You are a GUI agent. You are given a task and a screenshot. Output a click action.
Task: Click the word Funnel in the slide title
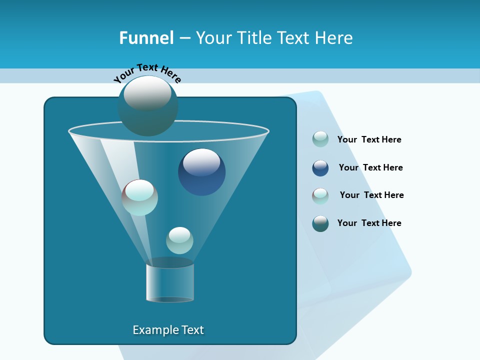pos(146,38)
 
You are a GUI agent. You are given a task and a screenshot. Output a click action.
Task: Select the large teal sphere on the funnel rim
pos(147,106)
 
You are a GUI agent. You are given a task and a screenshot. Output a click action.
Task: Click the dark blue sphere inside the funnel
pos(201,171)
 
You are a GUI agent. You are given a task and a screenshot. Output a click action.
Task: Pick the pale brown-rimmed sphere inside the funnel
pos(139,197)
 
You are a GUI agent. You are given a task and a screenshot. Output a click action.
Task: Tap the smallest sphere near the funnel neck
pos(179,240)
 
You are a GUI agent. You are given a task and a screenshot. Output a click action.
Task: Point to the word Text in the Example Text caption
pos(192,330)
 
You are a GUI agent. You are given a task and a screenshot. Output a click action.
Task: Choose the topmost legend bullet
pos(320,139)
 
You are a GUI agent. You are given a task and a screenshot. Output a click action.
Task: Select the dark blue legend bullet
pos(320,168)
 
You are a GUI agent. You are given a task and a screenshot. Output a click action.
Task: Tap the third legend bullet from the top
pos(320,196)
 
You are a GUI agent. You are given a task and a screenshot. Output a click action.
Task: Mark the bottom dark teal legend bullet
pos(320,223)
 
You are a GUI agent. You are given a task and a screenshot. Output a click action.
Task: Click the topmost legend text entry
pos(369,139)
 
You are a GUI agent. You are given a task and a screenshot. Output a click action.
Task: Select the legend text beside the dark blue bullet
pos(370,167)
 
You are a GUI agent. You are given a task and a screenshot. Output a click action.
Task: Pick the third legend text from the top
pos(371,195)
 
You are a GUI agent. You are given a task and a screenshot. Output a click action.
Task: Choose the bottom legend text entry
pos(369,223)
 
